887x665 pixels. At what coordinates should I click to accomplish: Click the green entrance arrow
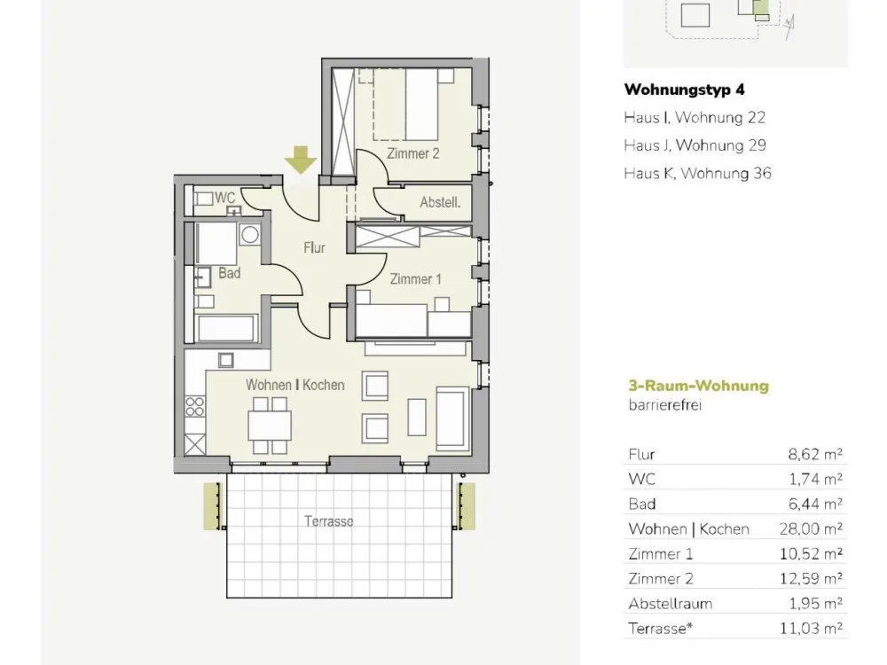[301, 160]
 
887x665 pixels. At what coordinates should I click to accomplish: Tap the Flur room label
[314, 247]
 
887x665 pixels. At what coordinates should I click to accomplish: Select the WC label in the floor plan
[224, 198]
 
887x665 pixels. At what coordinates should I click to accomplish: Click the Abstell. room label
[440, 202]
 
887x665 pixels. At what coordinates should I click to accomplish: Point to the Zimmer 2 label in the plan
[413, 153]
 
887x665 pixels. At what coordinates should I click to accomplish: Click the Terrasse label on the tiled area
[329, 520]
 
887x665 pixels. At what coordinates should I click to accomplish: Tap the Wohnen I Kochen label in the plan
[294, 385]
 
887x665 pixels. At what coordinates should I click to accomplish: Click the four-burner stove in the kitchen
[194, 407]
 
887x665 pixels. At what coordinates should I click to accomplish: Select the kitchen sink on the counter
[225, 360]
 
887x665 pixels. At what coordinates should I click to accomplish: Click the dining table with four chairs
[270, 426]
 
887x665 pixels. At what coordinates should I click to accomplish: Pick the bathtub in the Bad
[226, 328]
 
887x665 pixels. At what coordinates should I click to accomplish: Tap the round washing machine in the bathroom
[249, 234]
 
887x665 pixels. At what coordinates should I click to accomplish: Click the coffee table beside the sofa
[417, 417]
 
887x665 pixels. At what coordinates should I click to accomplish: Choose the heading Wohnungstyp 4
[684, 90]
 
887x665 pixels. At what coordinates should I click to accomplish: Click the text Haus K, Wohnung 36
[697, 173]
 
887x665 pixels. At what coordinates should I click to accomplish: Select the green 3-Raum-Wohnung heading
[699, 386]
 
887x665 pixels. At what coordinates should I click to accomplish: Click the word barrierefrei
[664, 405]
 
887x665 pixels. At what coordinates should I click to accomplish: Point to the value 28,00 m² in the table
[811, 528]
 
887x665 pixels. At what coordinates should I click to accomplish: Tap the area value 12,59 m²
[811, 578]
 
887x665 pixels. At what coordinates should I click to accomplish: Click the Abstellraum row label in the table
[670, 603]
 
